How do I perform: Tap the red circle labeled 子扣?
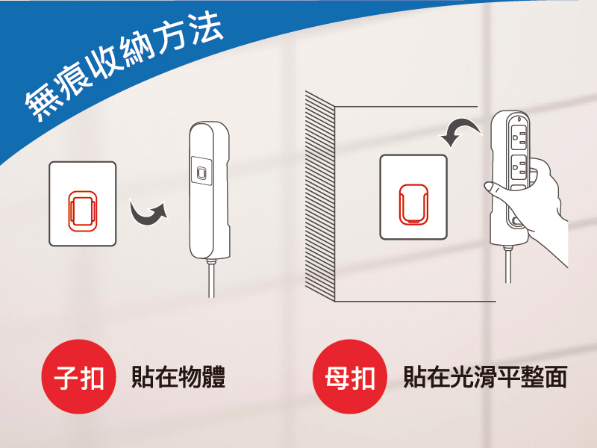[x=79, y=376]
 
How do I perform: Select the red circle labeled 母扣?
[x=350, y=376]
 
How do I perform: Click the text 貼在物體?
[x=178, y=377]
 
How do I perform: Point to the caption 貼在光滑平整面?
[x=485, y=377]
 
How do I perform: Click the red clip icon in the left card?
[x=82, y=211]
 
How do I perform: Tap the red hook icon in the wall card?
[x=413, y=204]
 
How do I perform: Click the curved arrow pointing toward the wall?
[x=461, y=131]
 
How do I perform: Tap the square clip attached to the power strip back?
[x=201, y=171]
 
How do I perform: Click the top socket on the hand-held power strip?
[x=519, y=136]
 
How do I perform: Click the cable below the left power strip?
[x=211, y=278]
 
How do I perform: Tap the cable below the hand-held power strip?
[x=508, y=265]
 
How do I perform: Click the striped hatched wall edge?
[x=320, y=196]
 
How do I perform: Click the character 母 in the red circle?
[x=336, y=377]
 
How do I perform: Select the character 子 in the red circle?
[x=65, y=377]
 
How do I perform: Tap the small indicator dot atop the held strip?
[x=519, y=118]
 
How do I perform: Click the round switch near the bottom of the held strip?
[x=516, y=221]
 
